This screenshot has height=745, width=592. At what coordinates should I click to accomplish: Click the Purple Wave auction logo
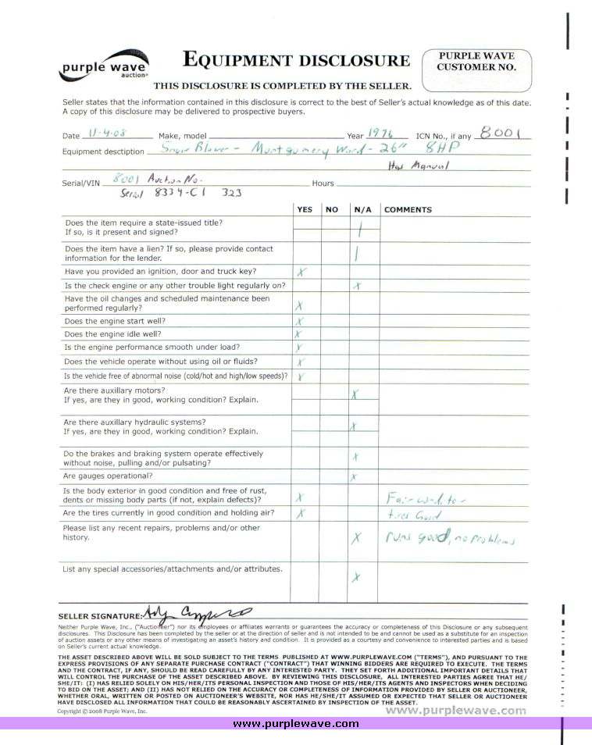pyautogui.click(x=104, y=66)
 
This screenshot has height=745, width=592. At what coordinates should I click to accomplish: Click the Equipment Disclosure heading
pyautogui.click(x=295, y=60)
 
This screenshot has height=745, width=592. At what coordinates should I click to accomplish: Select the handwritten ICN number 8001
pyautogui.click(x=500, y=132)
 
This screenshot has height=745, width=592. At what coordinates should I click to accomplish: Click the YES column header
pyautogui.click(x=305, y=209)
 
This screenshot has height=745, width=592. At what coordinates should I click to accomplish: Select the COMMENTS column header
pyautogui.click(x=408, y=209)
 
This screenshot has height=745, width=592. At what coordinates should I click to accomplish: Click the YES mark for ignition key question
pyautogui.click(x=301, y=272)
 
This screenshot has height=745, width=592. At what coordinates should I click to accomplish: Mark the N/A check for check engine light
pyautogui.click(x=357, y=286)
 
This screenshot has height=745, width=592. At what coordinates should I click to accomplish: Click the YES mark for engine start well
pyautogui.click(x=299, y=322)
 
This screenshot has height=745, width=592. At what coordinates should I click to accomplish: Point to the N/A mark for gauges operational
pyautogui.click(x=354, y=476)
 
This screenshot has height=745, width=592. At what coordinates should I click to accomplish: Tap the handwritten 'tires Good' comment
pyautogui.click(x=415, y=515)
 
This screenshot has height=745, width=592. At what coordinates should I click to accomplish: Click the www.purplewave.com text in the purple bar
pyautogui.click(x=296, y=724)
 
